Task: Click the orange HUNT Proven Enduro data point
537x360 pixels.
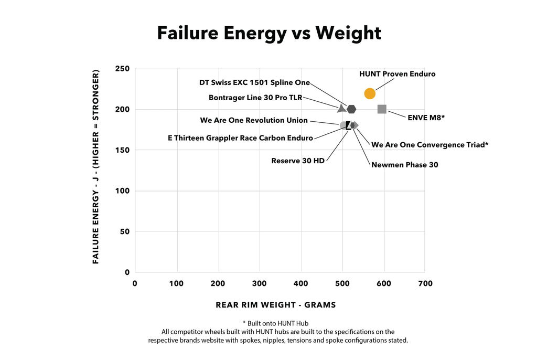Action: tap(370, 93)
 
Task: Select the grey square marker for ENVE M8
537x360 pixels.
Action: tap(382, 109)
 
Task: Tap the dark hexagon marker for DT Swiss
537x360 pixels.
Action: tap(351, 109)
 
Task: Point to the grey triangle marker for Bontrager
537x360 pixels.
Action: tap(341, 109)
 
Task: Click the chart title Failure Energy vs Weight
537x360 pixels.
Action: tap(269, 33)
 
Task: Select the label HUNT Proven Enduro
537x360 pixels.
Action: tap(397, 74)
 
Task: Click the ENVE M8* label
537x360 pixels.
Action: tap(426, 118)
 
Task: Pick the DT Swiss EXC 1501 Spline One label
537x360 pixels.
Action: tap(254, 82)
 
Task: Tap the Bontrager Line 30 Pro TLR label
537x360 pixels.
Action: tap(255, 97)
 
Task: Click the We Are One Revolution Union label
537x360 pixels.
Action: tap(254, 120)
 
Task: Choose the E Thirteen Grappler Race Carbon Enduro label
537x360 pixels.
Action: tap(240, 138)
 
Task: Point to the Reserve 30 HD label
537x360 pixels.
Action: tap(298, 161)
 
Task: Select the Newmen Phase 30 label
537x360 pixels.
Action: tap(404, 165)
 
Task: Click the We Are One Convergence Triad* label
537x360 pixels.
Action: tap(429, 144)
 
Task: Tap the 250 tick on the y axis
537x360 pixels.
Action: tap(122, 69)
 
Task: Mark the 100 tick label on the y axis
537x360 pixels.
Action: tap(122, 191)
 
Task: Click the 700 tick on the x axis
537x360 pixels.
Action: tap(425, 283)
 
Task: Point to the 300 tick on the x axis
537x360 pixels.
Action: tap(260, 283)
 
